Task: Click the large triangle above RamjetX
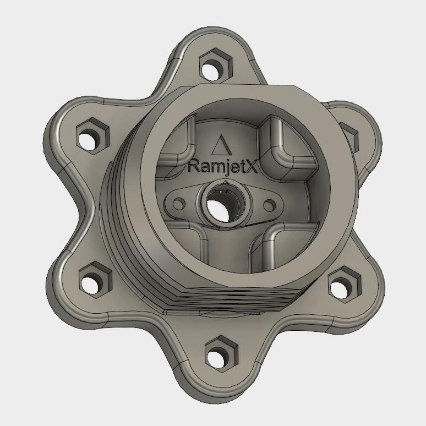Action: pyautogui.click(x=221, y=146)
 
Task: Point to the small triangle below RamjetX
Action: pyautogui.click(x=226, y=182)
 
